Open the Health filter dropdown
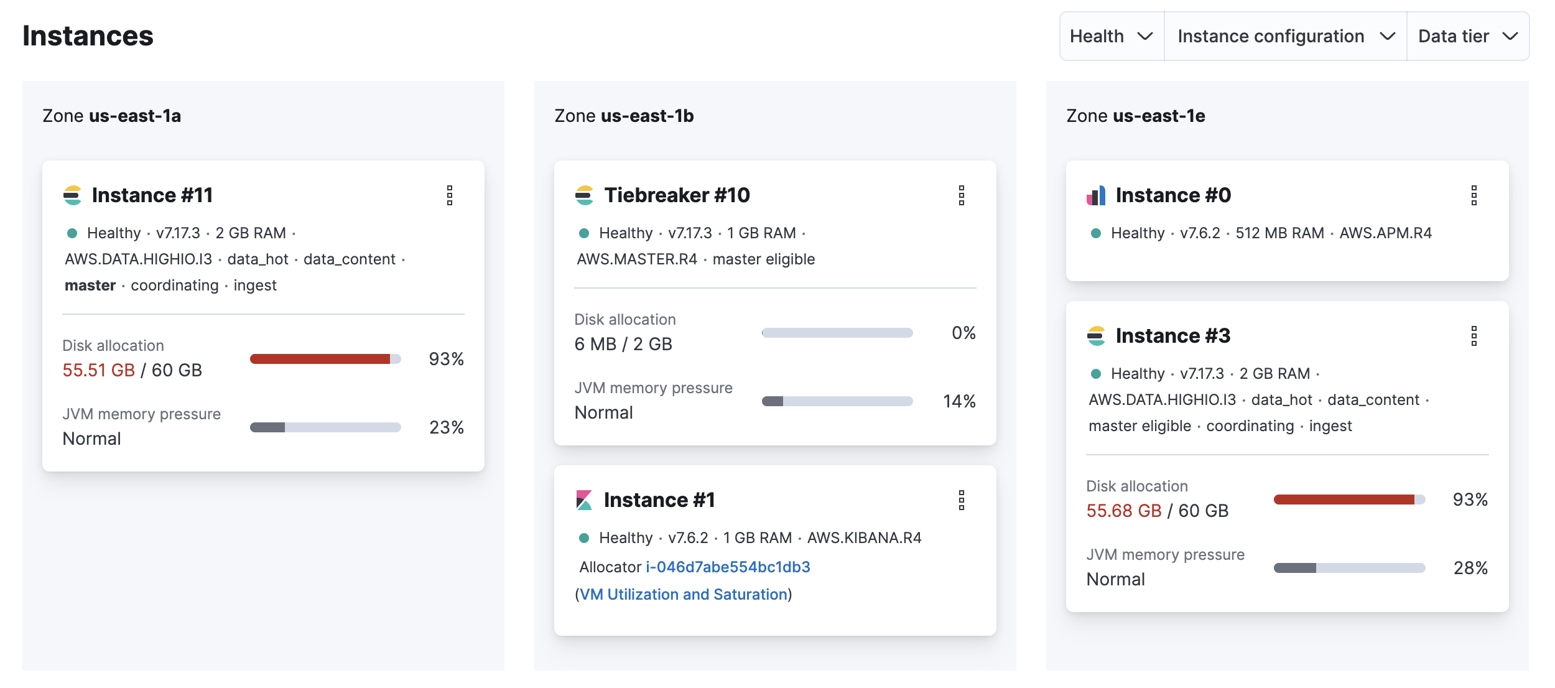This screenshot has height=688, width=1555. (1112, 36)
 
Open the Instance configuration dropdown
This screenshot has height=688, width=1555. (1285, 36)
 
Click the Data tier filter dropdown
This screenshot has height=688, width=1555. (1467, 36)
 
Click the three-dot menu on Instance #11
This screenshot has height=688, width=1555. (450, 195)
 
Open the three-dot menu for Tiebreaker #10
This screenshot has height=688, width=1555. (962, 195)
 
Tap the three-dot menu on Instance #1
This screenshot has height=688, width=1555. (962, 500)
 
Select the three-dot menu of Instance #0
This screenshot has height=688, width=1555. (1474, 195)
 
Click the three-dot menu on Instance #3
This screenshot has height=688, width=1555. (1474, 336)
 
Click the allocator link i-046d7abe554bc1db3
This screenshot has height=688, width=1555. (728, 567)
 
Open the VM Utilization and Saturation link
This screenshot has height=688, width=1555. (684, 595)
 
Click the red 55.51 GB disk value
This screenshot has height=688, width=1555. (99, 371)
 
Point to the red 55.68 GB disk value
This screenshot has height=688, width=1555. (1123, 511)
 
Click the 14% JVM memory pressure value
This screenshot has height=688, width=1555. (959, 402)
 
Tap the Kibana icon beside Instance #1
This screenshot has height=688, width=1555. (584, 500)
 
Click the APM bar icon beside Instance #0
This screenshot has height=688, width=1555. (1096, 195)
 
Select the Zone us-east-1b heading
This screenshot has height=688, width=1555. (624, 116)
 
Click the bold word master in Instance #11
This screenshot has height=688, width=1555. (90, 286)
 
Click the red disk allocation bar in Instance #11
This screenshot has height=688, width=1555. (320, 359)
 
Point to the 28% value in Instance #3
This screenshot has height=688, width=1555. (1470, 569)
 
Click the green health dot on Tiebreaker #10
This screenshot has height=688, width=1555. (584, 234)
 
